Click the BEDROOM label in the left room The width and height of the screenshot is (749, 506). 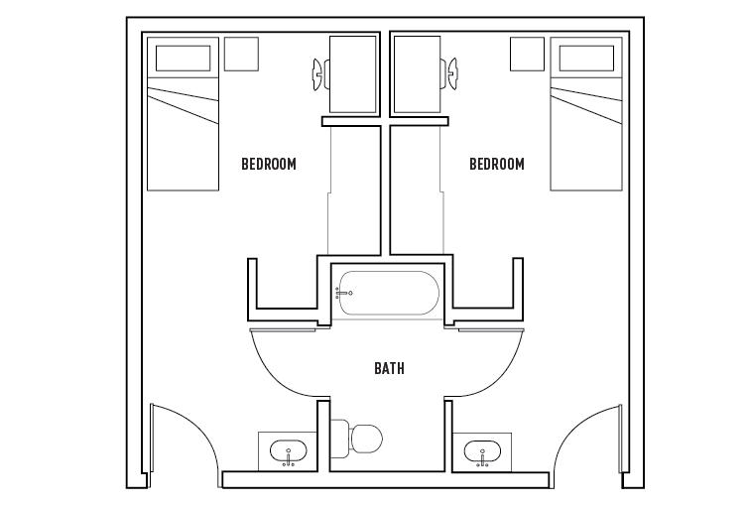[x=269, y=164]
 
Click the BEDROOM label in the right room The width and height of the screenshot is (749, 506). [x=496, y=164]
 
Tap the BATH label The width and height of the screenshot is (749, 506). [x=389, y=369]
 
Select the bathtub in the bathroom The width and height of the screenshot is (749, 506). [x=387, y=294]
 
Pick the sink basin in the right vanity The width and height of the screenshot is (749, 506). [x=482, y=453]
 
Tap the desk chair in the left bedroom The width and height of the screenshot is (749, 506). [x=319, y=72]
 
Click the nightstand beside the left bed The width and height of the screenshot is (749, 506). [x=241, y=54]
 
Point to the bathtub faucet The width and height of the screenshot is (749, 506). [x=344, y=293]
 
